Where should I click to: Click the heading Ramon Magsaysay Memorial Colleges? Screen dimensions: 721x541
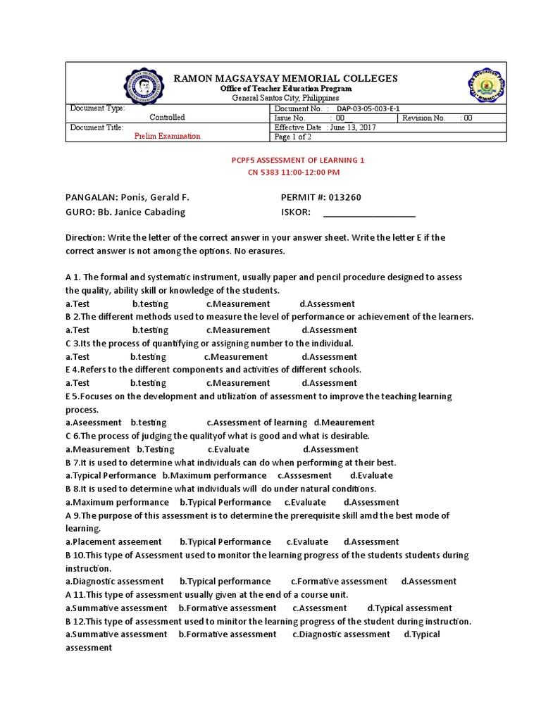(x=286, y=78)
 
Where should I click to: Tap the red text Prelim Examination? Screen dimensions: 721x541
(x=167, y=136)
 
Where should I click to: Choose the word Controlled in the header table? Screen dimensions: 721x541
(x=167, y=118)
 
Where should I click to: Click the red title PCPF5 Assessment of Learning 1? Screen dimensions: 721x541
(x=298, y=161)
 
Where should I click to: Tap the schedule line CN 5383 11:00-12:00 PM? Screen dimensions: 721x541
(x=294, y=172)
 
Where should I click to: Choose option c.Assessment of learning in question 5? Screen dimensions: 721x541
(x=256, y=422)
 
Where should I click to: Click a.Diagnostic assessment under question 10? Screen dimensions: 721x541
(x=115, y=582)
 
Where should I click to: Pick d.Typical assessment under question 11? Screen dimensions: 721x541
(x=410, y=608)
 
